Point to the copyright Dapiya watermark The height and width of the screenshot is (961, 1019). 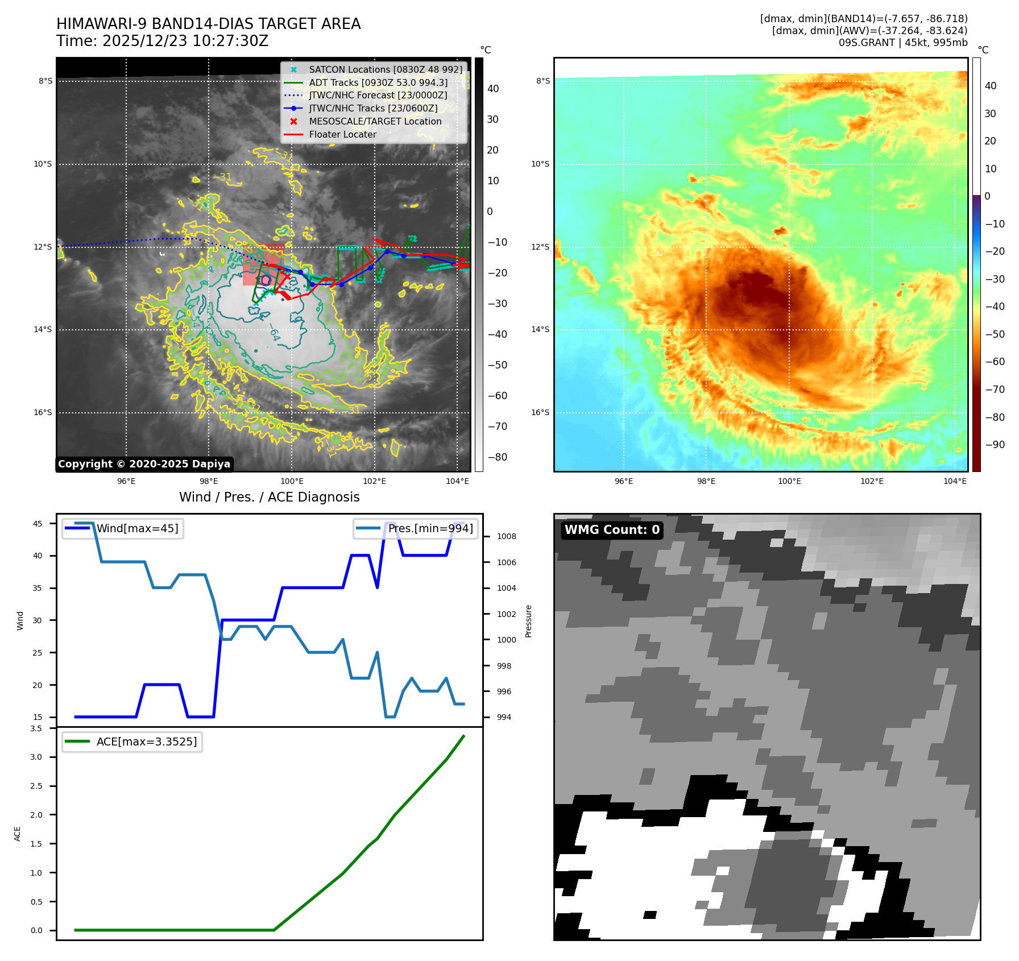(144, 464)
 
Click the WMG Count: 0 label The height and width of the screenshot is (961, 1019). (612, 530)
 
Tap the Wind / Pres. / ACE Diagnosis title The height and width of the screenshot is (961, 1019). (269, 497)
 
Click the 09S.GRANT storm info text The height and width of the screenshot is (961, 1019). (902, 43)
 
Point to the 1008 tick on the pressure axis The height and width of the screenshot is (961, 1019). (507, 536)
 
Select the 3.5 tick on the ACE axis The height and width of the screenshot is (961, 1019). (36, 728)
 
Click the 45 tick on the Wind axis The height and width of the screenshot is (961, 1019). (38, 524)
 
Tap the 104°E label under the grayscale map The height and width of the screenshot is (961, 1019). (457, 481)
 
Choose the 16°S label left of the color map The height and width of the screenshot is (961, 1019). (540, 412)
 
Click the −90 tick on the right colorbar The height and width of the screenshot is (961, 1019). (995, 445)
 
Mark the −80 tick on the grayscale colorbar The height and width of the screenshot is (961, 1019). (497, 457)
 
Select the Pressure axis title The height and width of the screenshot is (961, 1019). (528, 621)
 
